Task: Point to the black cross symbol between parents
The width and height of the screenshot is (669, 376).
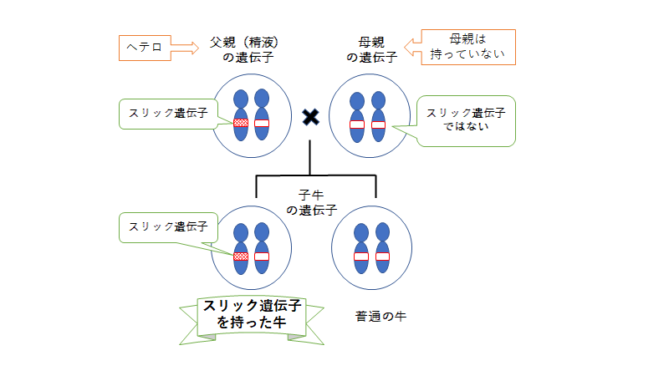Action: pyautogui.click(x=310, y=117)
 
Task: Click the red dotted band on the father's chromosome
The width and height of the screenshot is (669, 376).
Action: pyautogui.click(x=241, y=124)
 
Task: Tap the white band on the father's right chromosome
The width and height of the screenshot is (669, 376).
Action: pyautogui.click(x=262, y=124)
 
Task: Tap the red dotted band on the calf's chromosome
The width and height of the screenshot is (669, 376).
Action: pyautogui.click(x=241, y=255)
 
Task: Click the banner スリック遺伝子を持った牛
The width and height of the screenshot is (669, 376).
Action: pyautogui.click(x=253, y=316)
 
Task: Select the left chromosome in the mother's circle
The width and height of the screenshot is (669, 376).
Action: pyautogui.click(x=357, y=124)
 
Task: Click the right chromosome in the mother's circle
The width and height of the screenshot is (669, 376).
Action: pyautogui.click(x=378, y=124)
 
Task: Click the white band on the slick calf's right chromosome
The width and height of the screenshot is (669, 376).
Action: pyautogui.click(x=262, y=255)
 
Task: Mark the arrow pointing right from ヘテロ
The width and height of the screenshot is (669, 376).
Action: pyautogui.click(x=181, y=47)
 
